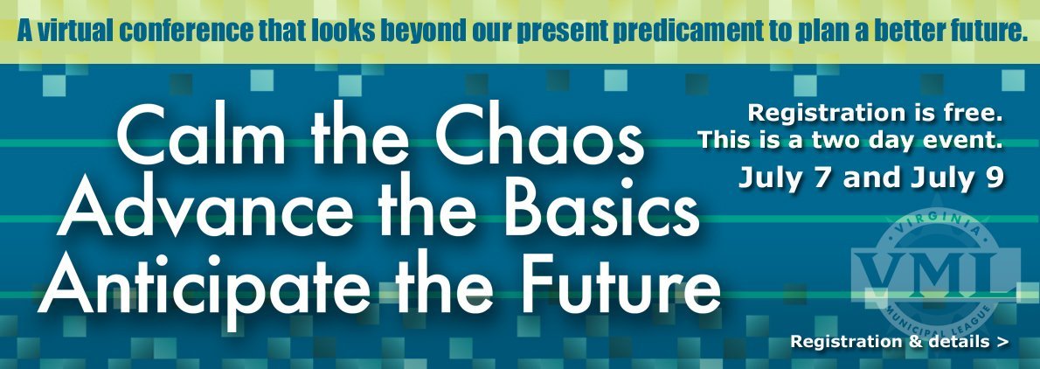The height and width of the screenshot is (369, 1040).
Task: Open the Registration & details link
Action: (x=899, y=342)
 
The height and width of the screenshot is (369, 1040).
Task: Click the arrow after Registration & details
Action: (x=1003, y=343)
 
